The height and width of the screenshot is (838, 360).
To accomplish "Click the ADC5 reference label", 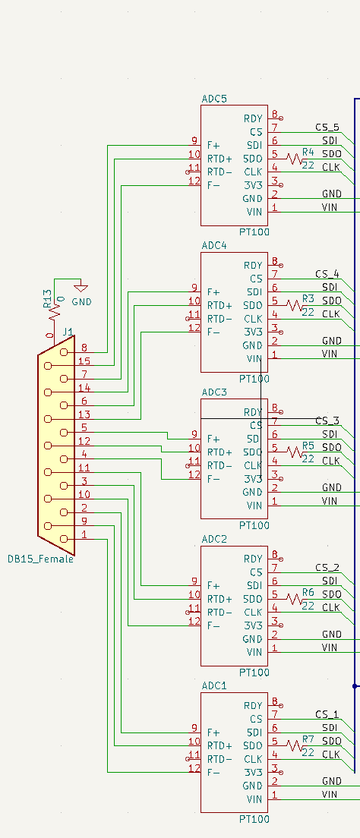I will (x=214, y=99).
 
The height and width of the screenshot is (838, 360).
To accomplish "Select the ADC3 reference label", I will (x=214, y=392).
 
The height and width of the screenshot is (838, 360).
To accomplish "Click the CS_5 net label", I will (x=327, y=127).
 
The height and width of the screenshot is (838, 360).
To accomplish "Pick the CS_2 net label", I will (x=327, y=567).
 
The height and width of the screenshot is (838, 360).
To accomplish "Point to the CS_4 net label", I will (x=327, y=274).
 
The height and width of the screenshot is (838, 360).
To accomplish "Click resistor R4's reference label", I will (x=308, y=153).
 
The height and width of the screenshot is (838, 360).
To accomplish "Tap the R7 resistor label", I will (x=308, y=739).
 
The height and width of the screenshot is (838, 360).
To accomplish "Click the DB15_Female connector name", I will (x=41, y=559).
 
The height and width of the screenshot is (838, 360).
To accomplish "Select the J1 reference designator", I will (x=68, y=332).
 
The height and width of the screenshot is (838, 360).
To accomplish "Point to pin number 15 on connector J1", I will (x=84, y=361).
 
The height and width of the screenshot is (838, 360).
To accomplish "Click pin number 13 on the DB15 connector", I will (x=84, y=414).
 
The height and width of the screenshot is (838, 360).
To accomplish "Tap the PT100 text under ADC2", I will (x=254, y=673).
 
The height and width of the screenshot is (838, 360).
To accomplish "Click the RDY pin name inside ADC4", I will (x=253, y=266).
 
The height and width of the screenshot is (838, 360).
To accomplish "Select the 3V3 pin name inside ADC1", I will (x=253, y=772).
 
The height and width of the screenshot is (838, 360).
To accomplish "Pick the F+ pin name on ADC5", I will (x=214, y=145).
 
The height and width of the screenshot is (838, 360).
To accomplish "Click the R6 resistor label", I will (x=308, y=592).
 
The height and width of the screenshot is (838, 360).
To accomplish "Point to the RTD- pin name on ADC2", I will (x=219, y=613).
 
